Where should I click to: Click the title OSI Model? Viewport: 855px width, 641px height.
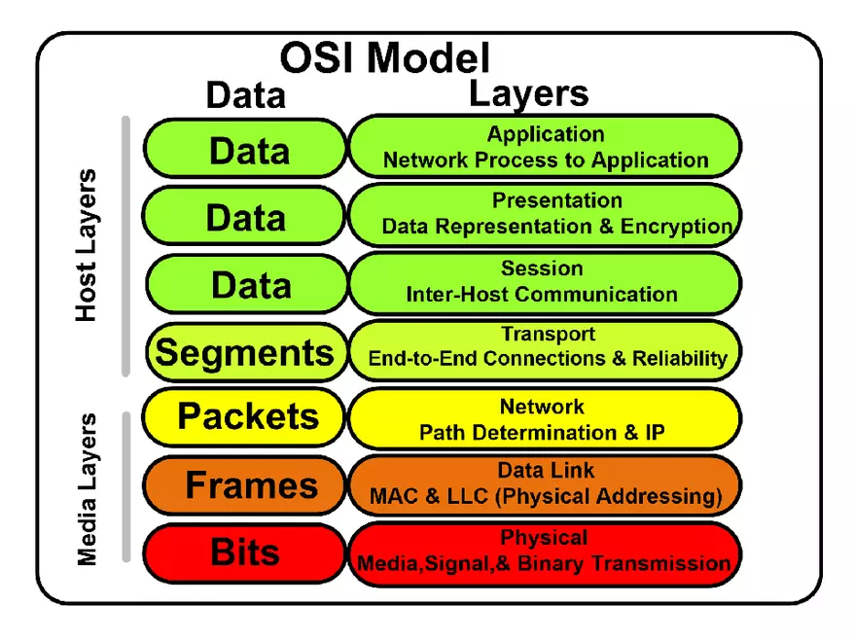click(x=385, y=57)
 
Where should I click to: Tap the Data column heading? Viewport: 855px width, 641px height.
click(x=246, y=95)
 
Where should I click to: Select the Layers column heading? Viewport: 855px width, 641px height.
click(x=528, y=93)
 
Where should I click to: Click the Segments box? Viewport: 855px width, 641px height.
click(x=244, y=351)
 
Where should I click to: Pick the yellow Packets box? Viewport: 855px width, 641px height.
click(x=247, y=416)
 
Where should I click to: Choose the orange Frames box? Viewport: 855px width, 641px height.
click(x=250, y=484)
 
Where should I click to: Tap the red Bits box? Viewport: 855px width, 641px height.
click(x=245, y=552)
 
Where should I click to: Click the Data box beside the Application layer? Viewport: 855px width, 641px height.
click(x=248, y=151)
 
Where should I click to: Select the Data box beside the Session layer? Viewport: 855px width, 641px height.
click(x=250, y=285)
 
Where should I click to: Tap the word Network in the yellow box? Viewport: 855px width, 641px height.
click(x=542, y=407)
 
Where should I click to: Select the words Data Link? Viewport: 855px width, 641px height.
click(x=546, y=471)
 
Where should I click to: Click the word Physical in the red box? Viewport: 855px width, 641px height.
click(x=544, y=538)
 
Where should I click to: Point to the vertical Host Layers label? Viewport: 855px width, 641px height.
click(x=88, y=245)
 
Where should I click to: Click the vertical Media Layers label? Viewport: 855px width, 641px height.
click(x=88, y=489)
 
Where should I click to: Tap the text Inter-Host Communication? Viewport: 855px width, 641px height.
click(x=542, y=294)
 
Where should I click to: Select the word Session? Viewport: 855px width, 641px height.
click(x=542, y=268)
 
